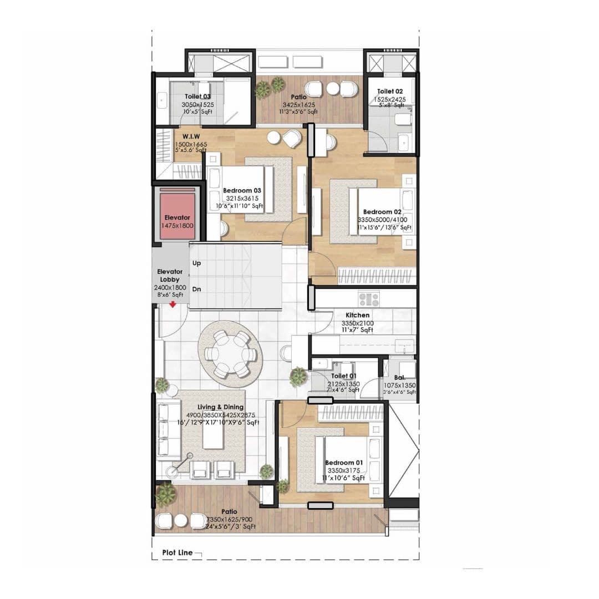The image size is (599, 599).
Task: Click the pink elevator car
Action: coord(177,214)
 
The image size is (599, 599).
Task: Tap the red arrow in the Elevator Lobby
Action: coord(173,304)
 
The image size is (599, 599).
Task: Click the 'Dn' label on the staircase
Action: coord(196,289)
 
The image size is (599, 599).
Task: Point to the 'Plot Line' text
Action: coord(177,552)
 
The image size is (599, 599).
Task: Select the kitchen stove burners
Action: coord(368,299)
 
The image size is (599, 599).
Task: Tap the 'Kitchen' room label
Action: coord(357,315)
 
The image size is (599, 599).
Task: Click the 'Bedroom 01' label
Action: coord(344,463)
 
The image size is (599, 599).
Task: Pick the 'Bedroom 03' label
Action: coord(242,191)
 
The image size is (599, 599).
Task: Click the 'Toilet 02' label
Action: coord(390,92)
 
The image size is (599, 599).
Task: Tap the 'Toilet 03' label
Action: coord(198,97)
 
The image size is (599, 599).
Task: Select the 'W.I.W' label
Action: coord(191,136)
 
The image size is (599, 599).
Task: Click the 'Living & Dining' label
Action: coord(217,408)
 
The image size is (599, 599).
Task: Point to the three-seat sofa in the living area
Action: coord(169,430)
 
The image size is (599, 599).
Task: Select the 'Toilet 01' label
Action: coord(344,376)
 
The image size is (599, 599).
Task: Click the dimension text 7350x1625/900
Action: coord(230,519)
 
